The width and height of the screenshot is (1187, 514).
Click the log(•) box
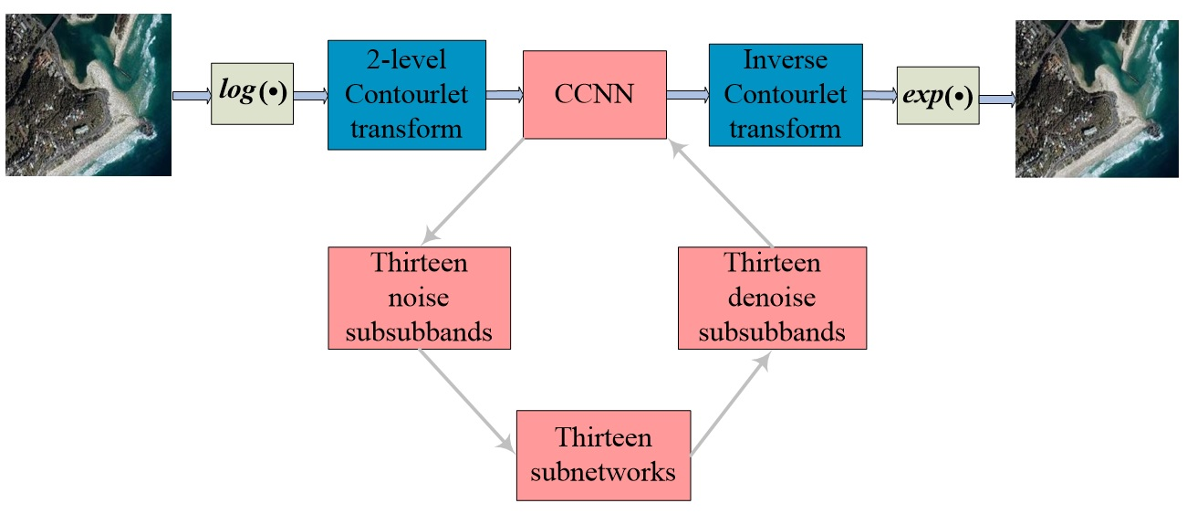coord(252,94)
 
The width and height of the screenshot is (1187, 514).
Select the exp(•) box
coord(938,95)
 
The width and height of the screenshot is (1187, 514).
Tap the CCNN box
coord(594,94)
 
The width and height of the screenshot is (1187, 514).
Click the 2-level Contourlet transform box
coord(406,94)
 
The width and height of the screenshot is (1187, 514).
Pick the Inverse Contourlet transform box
coord(786,94)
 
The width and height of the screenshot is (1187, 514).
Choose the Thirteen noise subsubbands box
coord(419,298)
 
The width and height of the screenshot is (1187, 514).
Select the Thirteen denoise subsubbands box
coord(772,298)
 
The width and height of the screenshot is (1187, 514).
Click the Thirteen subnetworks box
coord(604,455)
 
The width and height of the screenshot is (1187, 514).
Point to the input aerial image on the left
coord(89,94)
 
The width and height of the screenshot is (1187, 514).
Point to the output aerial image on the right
coord(1098,100)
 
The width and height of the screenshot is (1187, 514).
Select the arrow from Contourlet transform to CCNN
coord(505,94)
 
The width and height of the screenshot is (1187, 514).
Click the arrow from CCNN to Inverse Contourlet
coord(687,94)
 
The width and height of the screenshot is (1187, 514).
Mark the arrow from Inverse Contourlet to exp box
coord(880,95)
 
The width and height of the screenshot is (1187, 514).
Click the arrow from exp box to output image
coord(997,100)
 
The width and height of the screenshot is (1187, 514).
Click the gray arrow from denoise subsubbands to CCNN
coord(724,194)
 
